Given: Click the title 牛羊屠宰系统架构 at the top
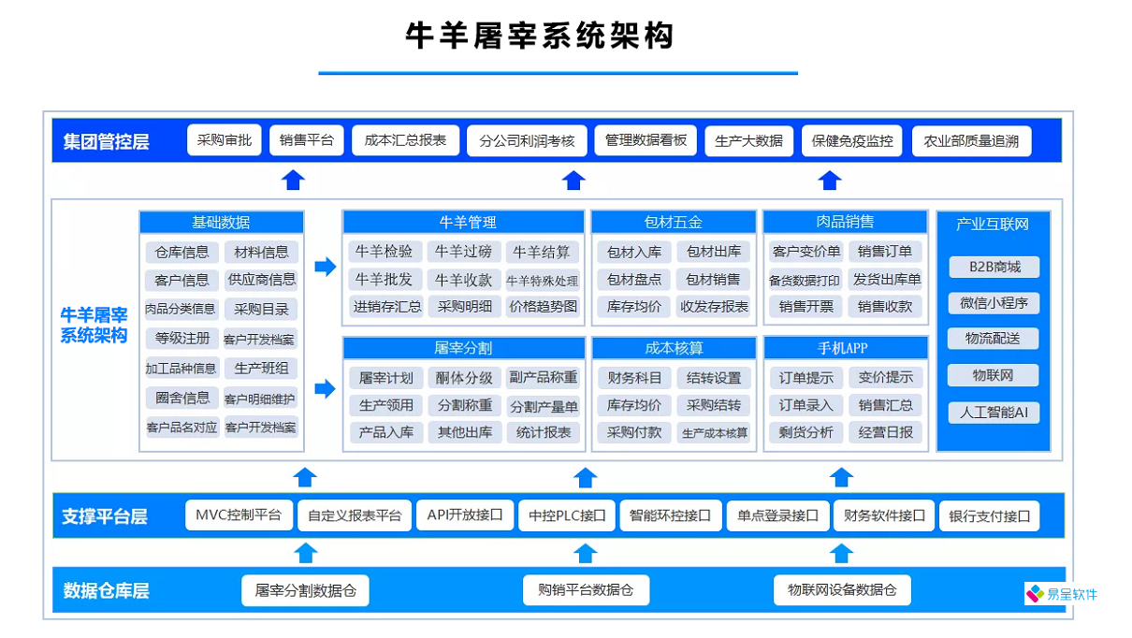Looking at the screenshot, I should tap(539, 36).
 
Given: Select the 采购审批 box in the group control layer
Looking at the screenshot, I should tap(225, 140).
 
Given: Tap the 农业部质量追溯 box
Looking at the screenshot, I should tap(970, 141).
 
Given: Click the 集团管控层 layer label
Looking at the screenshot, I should tap(106, 142).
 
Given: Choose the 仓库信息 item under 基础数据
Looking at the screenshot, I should tap(182, 253).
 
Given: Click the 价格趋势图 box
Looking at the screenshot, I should tap(543, 306).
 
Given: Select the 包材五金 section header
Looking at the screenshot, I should tap(673, 223).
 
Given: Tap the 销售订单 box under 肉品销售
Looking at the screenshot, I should tap(885, 252).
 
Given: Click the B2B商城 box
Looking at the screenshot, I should tap(993, 268).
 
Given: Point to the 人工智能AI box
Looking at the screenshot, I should tap(993, 413).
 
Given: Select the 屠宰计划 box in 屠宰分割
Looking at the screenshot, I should tap(385, 378).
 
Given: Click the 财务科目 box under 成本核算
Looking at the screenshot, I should tap(633, 378).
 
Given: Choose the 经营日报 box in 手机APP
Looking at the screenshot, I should tap(885, 432).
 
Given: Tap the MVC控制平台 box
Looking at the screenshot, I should tap(238, 515).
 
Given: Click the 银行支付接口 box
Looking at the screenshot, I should tap(989, 515).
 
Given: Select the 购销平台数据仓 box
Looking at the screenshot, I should tap(586, 590).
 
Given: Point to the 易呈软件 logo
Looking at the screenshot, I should tap(1062, 594).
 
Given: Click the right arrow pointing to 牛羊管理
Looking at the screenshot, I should tap(325, 267).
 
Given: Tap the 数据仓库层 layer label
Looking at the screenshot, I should tap(106, 591).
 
